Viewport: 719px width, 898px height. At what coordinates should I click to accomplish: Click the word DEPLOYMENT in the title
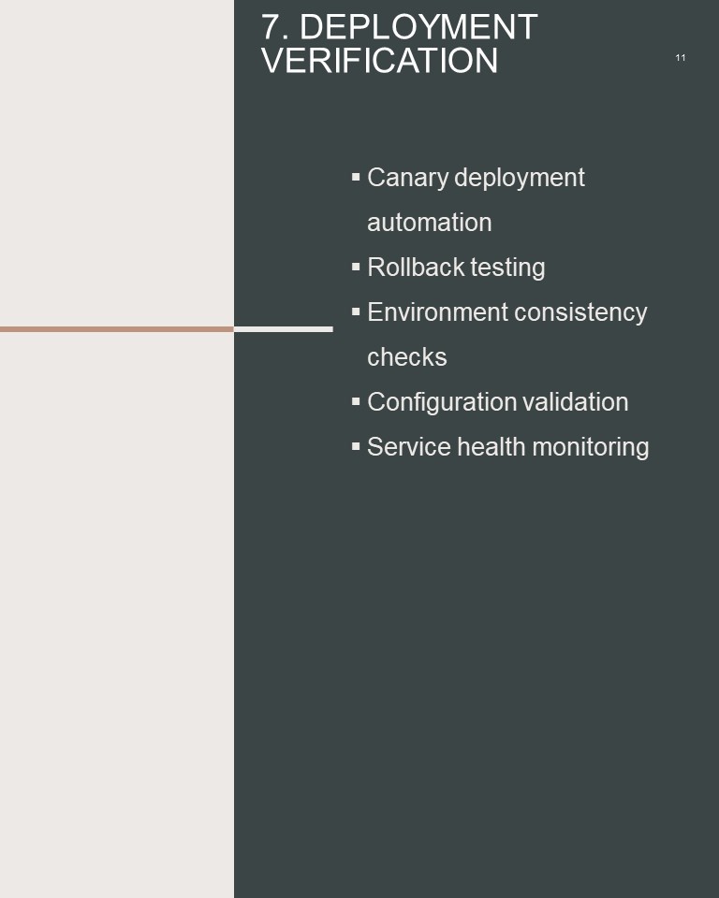point(418,27)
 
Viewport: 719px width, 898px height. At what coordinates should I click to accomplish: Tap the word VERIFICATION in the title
point(379,60)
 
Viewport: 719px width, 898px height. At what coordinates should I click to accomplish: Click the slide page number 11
point(681,58)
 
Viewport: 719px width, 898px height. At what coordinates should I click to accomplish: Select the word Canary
point(407,178)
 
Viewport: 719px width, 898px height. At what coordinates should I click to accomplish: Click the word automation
point(430,223)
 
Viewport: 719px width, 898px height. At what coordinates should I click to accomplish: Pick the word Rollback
point(416,267)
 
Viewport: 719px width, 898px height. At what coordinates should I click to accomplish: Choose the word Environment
point(438,312)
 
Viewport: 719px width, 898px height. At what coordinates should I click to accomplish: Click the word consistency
point(580,313)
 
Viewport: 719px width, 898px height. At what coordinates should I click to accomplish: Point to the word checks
point(407,356)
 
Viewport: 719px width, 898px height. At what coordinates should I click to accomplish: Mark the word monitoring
point(591,448)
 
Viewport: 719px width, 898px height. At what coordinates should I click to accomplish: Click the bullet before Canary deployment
point(356,177)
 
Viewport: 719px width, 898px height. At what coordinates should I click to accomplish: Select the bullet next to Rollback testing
point(356,267)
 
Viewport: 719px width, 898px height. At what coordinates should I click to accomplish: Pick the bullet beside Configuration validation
point(356,401)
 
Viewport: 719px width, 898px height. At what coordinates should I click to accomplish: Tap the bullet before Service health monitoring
point(356,446)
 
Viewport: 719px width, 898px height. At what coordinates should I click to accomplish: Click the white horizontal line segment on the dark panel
point(284,329)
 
